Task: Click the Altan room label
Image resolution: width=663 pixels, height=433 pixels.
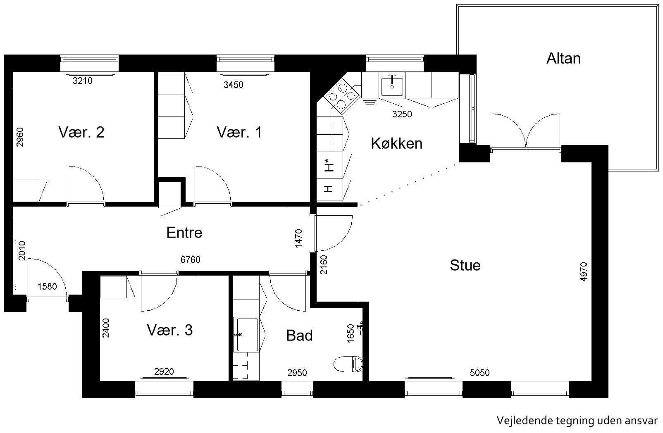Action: click(x=563, y=58)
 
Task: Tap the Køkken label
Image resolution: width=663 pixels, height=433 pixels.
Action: click(x=397, y=143)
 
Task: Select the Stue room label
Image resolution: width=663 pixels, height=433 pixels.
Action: click(x=465, y=265)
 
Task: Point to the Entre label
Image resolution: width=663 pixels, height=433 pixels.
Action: click(x=184, y=233)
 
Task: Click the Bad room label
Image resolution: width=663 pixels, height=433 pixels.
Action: click(x=299, y=335)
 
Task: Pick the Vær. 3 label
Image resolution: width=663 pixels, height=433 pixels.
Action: click(x=169, y=330)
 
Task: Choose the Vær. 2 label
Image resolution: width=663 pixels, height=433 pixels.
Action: click(x=81, y=132)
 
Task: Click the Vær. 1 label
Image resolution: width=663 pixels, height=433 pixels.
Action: click(x=239, y=132)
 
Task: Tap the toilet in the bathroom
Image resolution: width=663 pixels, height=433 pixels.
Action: click(x=348, y=364)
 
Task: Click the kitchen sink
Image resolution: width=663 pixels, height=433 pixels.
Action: click(x=392, y=87)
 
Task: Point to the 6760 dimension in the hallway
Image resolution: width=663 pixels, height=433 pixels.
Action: click(x=190, y=259)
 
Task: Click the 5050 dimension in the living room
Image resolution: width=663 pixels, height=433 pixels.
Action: click(x=480, y=373)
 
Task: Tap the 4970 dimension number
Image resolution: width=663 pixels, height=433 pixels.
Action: click(x=583, y=271)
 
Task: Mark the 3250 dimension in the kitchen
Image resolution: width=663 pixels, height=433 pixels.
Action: click(x=402, y=114)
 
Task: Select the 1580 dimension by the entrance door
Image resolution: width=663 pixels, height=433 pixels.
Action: click(x=47, y=286)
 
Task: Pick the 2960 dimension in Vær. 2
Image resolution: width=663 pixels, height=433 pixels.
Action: click(x=20, y=137)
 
